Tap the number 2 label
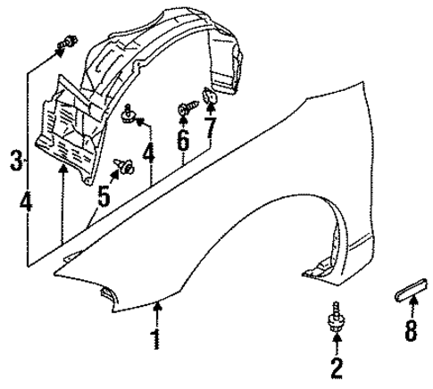tap(336, 367)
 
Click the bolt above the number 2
tap(336, 320)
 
